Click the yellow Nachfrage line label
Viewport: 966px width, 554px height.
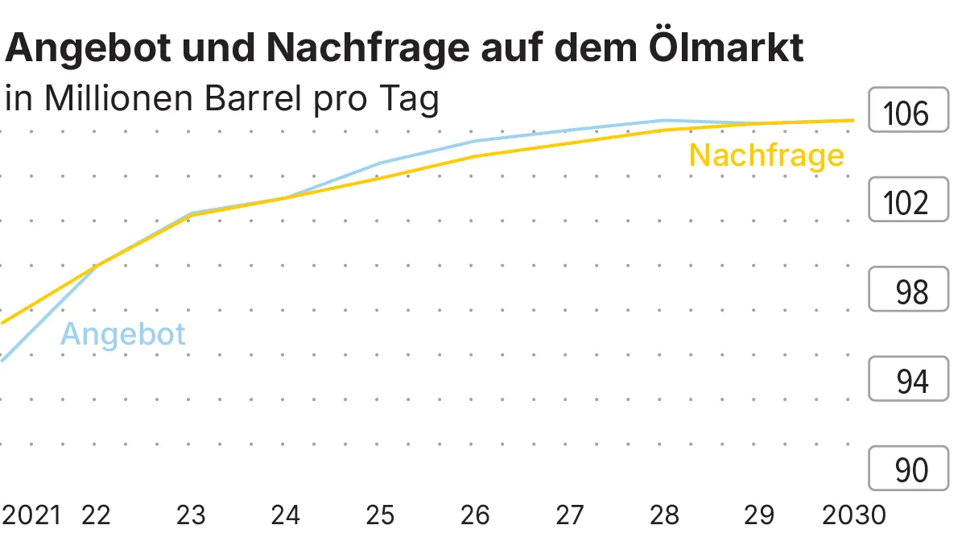click(x=766, y=155)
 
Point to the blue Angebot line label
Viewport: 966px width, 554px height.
click(x=123, y=333)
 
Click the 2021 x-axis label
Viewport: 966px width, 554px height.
click(x=31, y=515)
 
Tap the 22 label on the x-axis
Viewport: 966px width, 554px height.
click(x=96, y=515)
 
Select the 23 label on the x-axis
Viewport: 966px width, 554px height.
click(x=191, y=515)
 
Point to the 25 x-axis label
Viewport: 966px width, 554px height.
click(x=380, y=515)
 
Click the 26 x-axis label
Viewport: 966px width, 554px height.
click(x=475, y=515)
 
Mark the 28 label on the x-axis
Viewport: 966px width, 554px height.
click(x=664, y=515)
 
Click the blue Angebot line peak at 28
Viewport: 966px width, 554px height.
click(x=664, y=121)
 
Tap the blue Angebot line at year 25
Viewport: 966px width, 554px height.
click(x=380, y=163)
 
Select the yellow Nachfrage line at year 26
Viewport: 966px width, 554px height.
click(x=475, y=156)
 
